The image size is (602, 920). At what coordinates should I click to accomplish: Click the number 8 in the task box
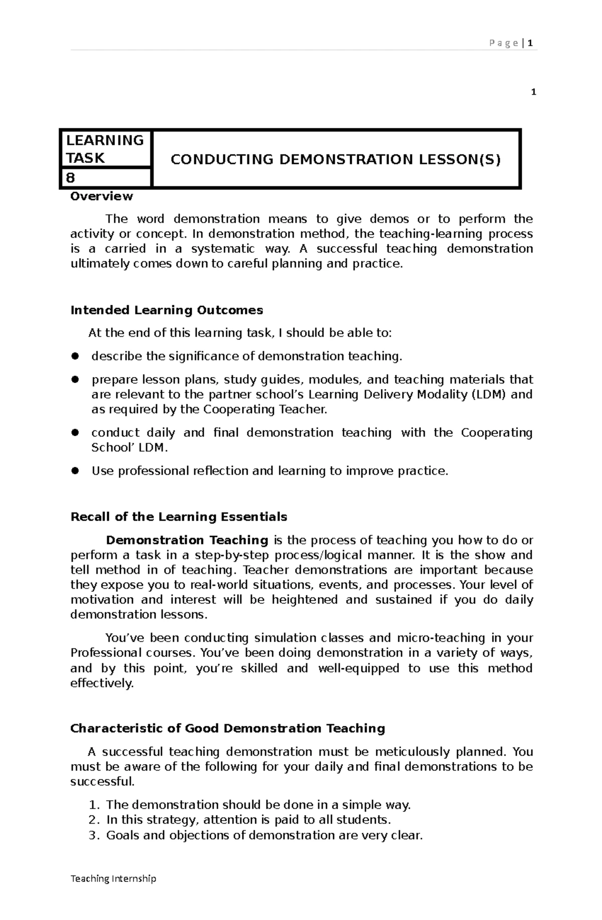pos(70,177)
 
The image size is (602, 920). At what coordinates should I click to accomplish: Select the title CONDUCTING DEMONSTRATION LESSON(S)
pos(335,159)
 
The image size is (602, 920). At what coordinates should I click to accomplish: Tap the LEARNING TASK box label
pos(105,149)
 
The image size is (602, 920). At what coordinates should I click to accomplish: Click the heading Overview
pos(101,196)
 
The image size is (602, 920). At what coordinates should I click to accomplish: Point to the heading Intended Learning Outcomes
pos(167,310)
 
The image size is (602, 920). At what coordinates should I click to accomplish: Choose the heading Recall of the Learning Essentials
pos(179,516)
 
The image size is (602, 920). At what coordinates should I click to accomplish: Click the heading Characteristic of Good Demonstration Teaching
pos(227,728)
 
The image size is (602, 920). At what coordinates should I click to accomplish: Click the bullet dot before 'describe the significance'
pos(75,356)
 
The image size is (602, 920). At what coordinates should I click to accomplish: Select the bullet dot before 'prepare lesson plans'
pos(75,380)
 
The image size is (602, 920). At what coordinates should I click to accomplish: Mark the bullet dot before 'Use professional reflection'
pos(75,471)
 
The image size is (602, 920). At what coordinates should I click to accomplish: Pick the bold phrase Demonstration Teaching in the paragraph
pos(187,540)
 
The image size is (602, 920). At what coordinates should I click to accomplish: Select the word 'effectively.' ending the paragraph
pos(102,683)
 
